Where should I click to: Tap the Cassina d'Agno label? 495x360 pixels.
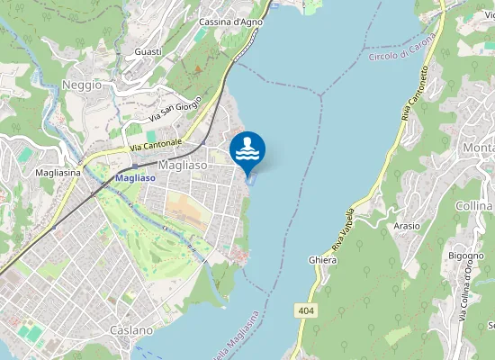(x=230, y=22)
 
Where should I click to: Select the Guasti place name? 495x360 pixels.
(x=148, y=52)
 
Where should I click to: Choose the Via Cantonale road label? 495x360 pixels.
(x=155, y=143)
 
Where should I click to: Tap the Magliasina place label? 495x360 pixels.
(x=58, y=172)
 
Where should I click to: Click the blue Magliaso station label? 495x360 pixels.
(x=135, y=178)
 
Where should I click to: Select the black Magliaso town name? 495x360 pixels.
(x=182, y=166)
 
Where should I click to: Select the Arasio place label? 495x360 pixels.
(x=406, y=226)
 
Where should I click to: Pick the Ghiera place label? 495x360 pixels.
(x=322, y=260)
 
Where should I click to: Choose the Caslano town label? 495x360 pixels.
(x=131, y=330)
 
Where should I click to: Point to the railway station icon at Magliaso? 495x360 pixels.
(x=135, y=166)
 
